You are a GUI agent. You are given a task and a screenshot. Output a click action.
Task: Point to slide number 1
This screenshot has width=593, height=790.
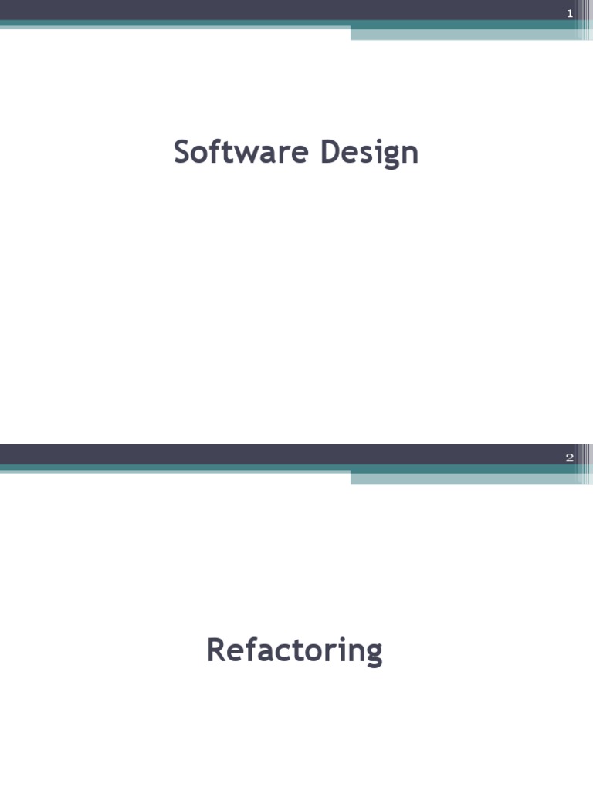click(x=570, y=13)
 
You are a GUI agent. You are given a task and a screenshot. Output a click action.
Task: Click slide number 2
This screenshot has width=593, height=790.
click(x=570, y=457)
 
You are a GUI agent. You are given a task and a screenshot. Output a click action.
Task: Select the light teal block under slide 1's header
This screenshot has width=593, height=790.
click(x=463, y=34)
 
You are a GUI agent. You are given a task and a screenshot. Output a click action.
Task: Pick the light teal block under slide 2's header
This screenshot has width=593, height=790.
click(x=463, y=478)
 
